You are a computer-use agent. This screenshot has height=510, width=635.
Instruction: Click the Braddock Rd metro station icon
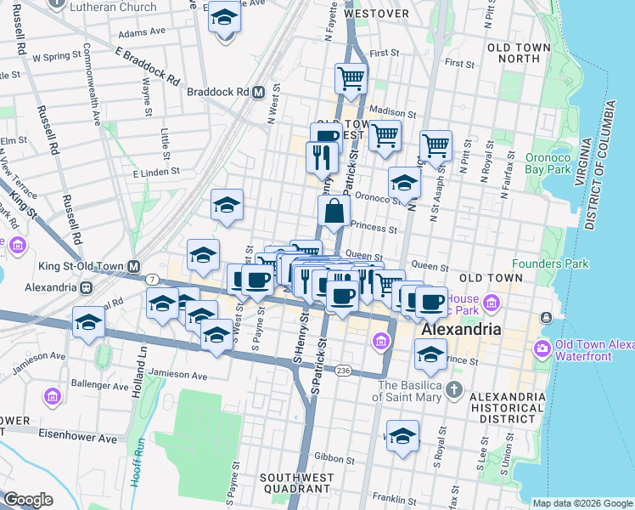click(258, 92)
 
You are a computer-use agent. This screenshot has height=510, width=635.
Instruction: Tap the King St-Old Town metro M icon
click(134, 266)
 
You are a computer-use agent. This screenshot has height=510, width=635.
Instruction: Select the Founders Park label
click(551, 263)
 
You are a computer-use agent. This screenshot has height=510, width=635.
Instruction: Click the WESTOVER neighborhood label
click(378, 14)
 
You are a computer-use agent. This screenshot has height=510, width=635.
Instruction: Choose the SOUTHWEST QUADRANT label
click(295, 483)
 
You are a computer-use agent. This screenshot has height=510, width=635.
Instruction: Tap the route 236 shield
click(342, 371)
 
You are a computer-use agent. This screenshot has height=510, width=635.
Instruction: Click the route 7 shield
click(151, 280)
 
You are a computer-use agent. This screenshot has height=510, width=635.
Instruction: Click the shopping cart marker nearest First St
click(351, 78)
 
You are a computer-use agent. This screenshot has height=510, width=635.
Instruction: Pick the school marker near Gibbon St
click(402, 436)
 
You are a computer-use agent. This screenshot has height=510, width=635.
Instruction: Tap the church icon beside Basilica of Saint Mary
click(454, 391)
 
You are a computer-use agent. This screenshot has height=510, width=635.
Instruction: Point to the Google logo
click(28, 499)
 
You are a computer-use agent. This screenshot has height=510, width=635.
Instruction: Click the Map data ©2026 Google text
click(582, 503)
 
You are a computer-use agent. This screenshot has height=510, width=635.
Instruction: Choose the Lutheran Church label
click(114, 7)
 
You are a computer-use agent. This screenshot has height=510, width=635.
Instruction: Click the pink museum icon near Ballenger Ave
click(53, 396)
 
